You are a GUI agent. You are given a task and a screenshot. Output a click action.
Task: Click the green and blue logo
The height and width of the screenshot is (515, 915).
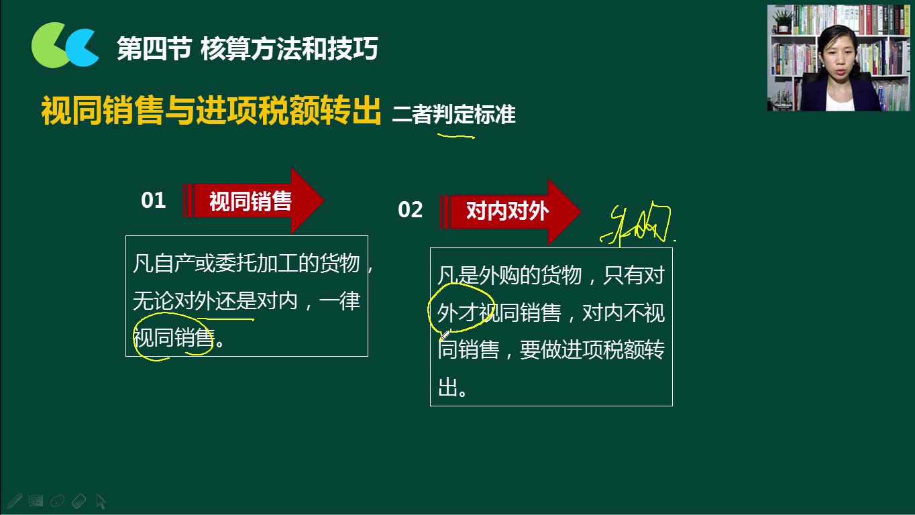(x=65, y=46)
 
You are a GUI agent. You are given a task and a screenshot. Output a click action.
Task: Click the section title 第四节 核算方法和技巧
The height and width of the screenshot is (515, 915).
(x=248, y=49)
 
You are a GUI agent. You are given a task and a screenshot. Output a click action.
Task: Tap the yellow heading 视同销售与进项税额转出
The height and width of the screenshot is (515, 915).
(x=211, y=111)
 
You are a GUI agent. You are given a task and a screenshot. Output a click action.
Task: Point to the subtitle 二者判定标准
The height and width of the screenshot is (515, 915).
(x=453, y=115)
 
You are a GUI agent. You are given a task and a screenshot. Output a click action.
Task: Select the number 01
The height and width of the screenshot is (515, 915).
(x=153, y=201)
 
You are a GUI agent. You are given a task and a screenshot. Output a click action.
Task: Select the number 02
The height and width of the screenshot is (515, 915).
(x=410, y=210)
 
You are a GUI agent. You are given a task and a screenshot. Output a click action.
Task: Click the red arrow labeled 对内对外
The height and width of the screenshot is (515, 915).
(x=510, y=212)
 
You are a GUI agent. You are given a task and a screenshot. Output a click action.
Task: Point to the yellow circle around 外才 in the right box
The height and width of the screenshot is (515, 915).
(x=461, y=308)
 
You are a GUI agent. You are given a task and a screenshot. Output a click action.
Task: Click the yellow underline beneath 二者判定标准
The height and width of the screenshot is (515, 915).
(x=456, y=136)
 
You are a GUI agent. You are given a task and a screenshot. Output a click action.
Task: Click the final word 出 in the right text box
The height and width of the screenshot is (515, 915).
(x=447, y=387)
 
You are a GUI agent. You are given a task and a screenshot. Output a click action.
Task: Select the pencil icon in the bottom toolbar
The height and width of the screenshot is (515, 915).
(x=15, y=500)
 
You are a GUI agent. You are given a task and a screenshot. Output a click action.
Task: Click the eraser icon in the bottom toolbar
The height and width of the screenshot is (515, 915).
(x=78, y=500)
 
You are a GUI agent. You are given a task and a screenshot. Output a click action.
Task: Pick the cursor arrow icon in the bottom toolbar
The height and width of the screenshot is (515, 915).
(x=101, y=501)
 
